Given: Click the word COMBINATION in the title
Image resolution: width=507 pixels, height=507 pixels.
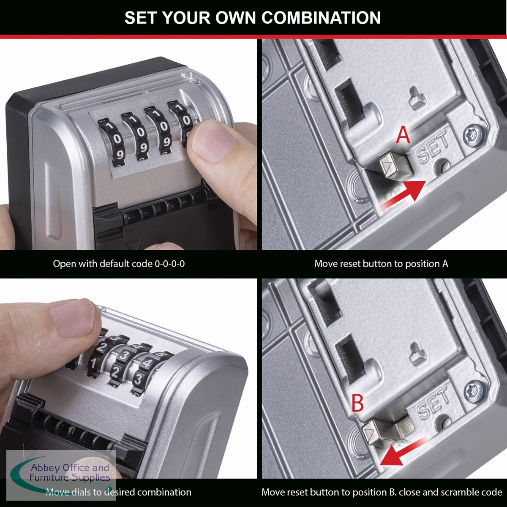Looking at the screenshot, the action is point(321,18).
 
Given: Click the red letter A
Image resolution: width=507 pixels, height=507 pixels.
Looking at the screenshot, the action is point(403,135).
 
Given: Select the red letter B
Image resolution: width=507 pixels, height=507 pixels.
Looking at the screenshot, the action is point(357,403).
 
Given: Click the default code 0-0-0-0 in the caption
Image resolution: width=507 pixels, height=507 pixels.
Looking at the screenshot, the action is point(170,264).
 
